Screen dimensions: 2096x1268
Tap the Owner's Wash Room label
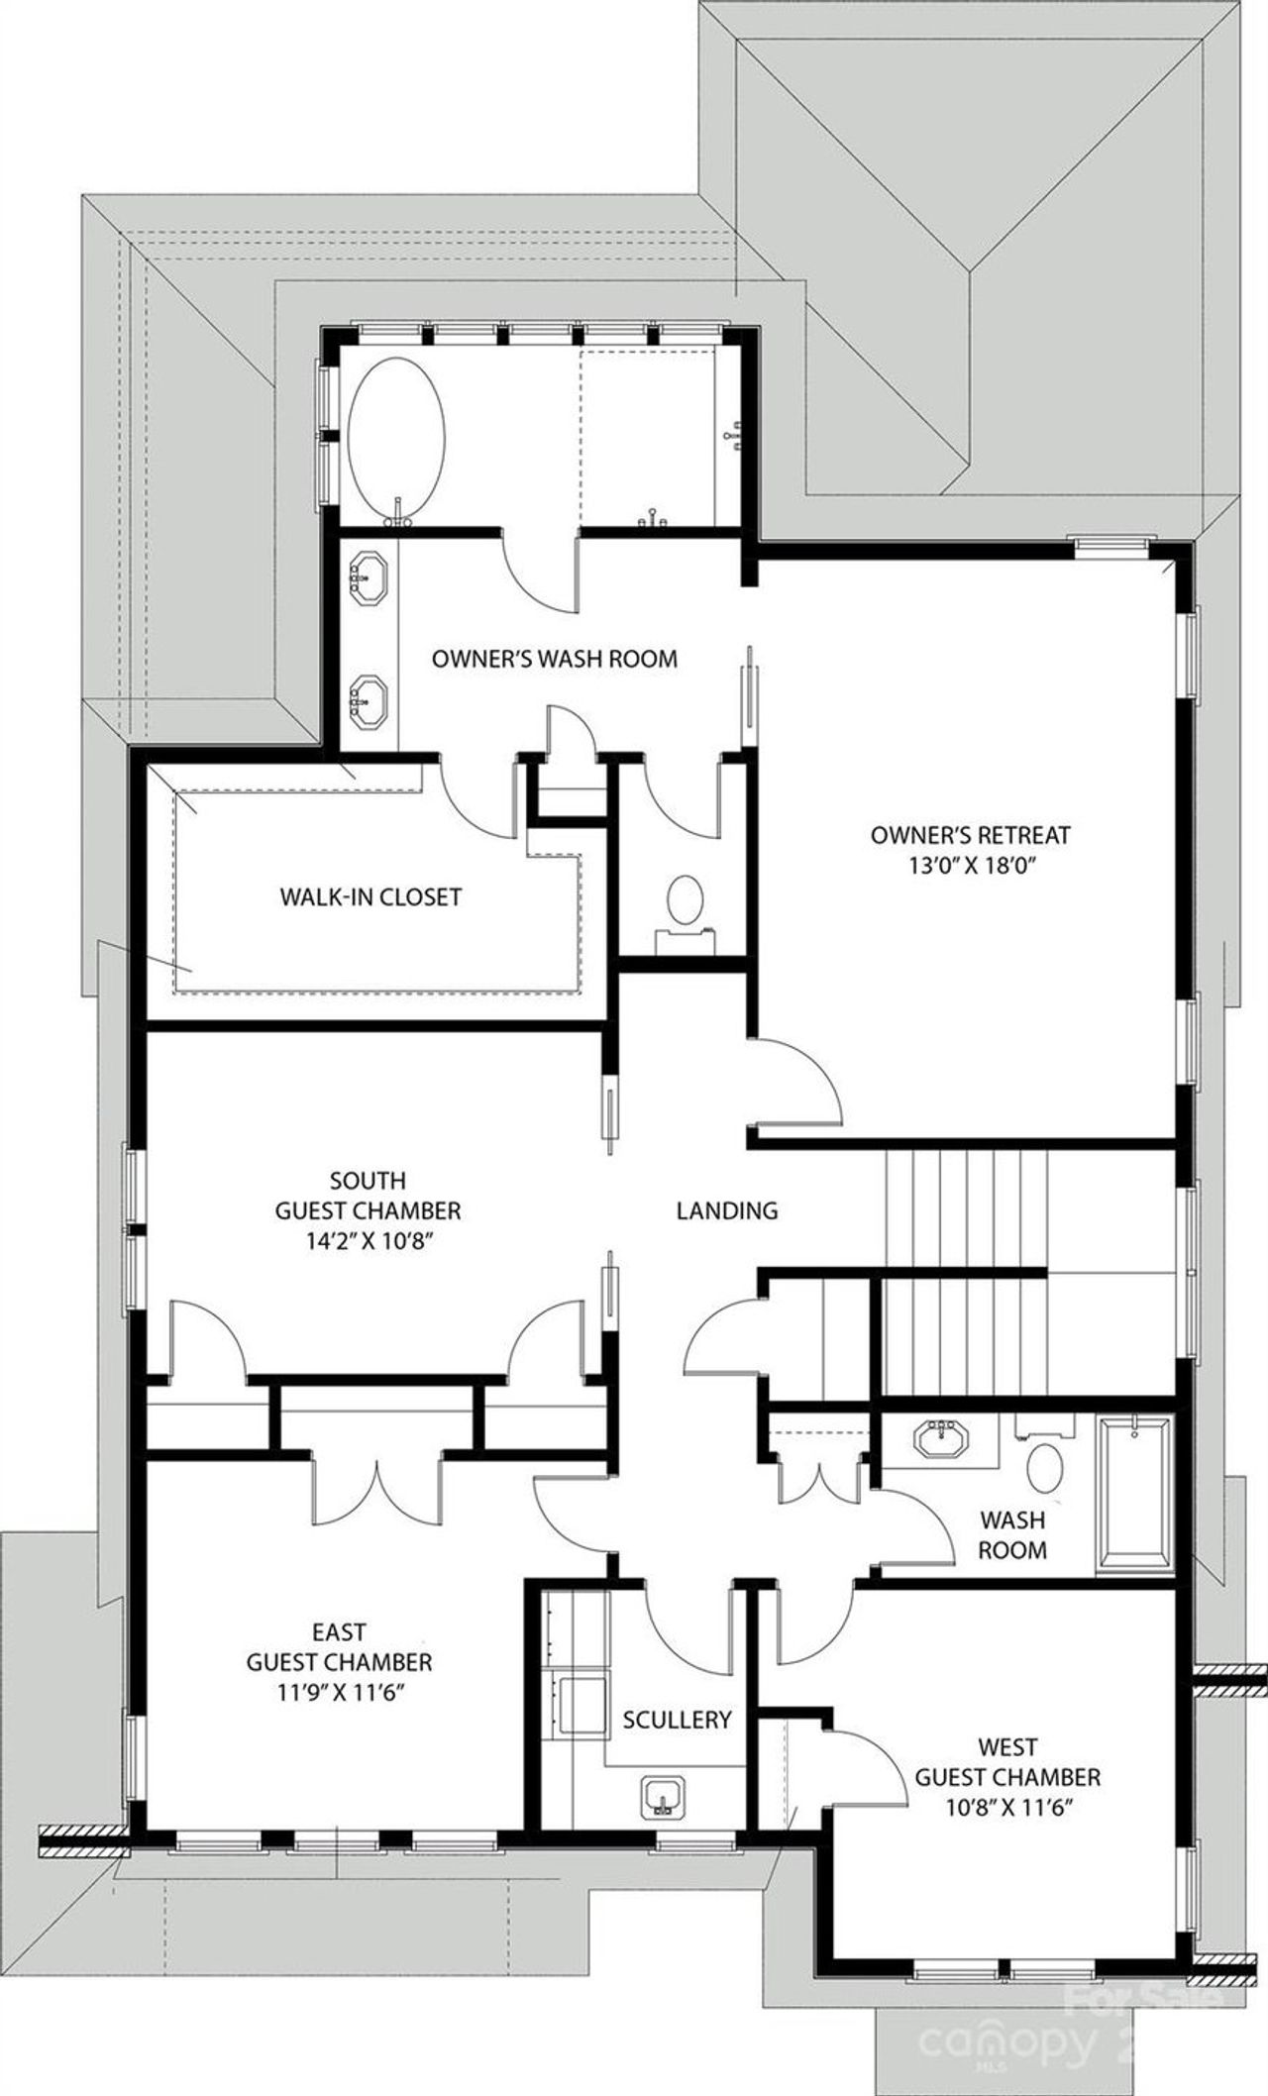pos(555,659)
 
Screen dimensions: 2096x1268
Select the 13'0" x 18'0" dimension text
pos(970,865)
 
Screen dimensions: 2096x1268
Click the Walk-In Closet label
pos(370,897)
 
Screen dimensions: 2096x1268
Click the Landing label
pos(727,1210)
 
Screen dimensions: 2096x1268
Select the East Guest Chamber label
pos(339,1645)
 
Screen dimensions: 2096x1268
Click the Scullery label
pos(678,1720)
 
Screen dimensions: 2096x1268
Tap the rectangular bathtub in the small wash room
pos(1134,1496)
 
